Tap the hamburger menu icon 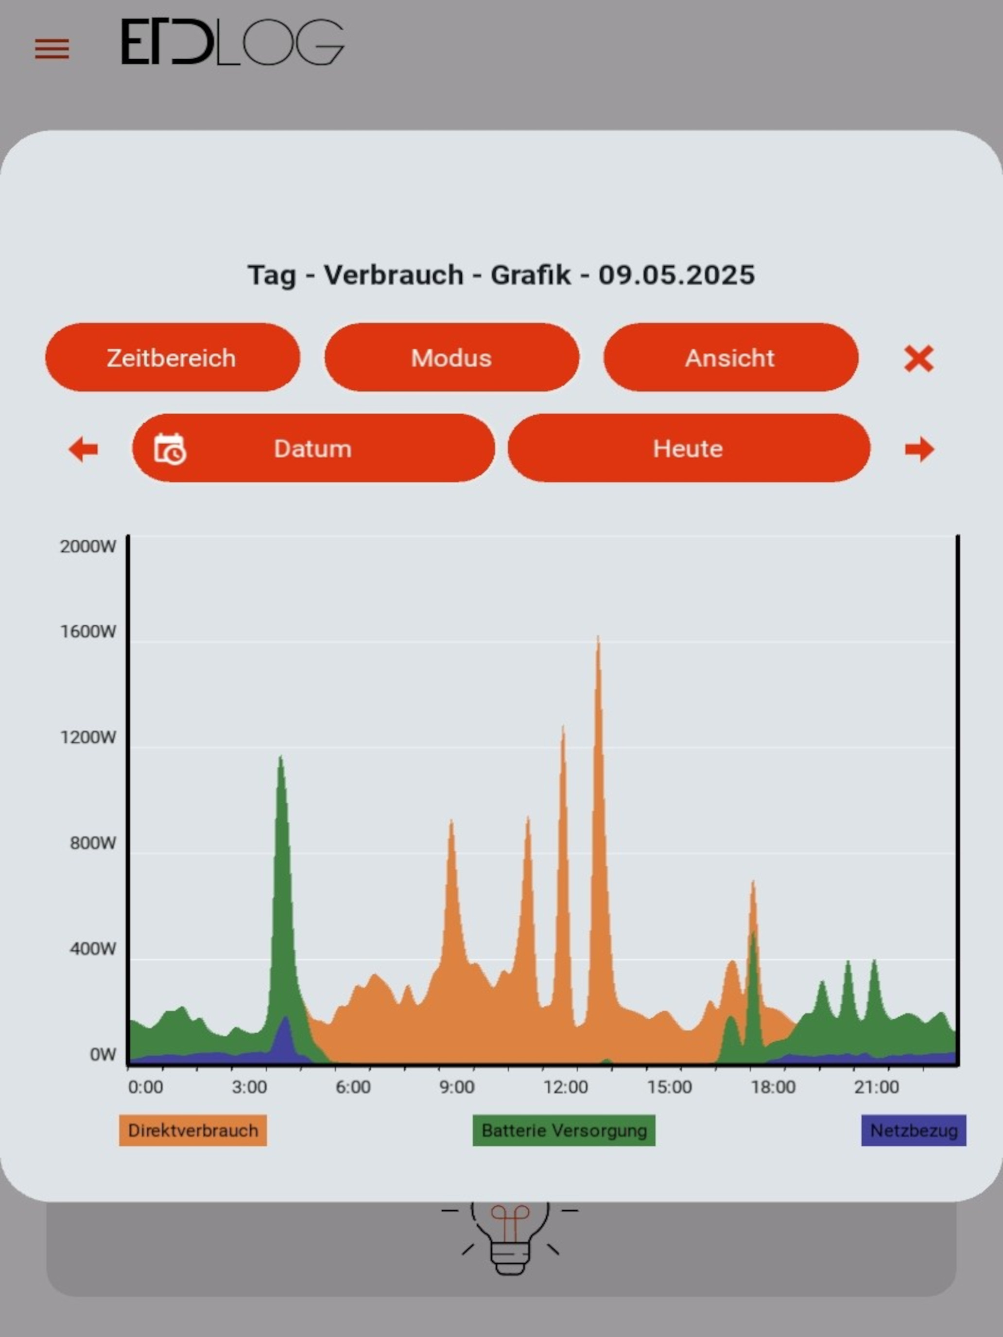tap(52, 49)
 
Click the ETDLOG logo tap(233, 42)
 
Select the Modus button tap(451, 357)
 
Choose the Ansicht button tap(730, 357)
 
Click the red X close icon tap(918, 359)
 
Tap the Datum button tap(313, 448)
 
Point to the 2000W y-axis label tap(87, 547)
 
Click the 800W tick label tap(92, 843)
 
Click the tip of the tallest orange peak tap(598, 636)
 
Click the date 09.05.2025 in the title tap(676, 275)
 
